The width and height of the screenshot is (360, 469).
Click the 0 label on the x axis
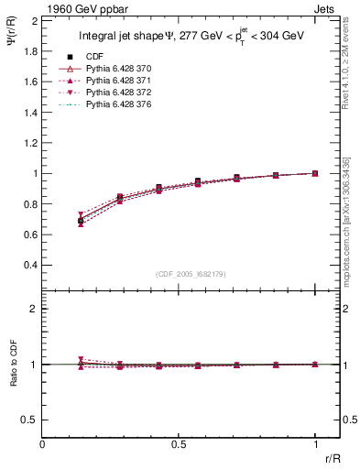[43, 444]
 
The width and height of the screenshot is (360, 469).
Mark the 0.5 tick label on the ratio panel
[29, 420]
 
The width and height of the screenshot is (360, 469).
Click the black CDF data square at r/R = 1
[315, 173]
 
